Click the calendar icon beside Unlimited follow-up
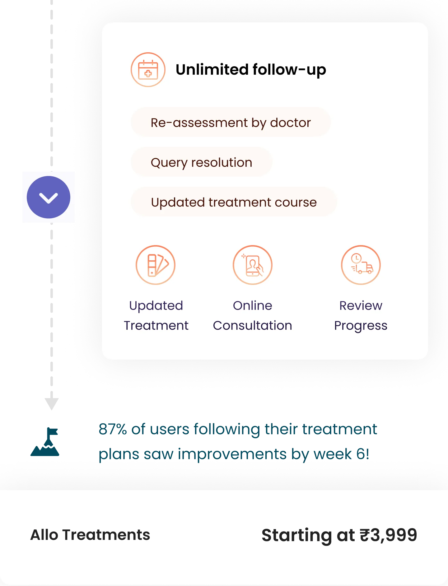pyautogui.click(x=148, y=70)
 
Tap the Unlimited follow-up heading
pyautogui.click(x=251, y=70)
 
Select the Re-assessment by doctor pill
pyautogui.click(x=231, y=123)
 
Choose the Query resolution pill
pyautogui.click(x=201, y=162)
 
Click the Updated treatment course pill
pyautogui.click(x=234, y=202)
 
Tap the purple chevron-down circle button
pyautogui.click(x=49, y=198)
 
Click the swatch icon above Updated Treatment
pyautogui.click(x=156, y=265)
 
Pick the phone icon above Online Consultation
pyautogui.click(x=253, y=265)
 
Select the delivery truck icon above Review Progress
pyautogui.click(x=361, y=265)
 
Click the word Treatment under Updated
pyautogui.click(x=156, y=326)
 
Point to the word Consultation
pyautogui.click(x=253, y=326)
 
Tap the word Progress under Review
pyautogui.click(x=361, y=326)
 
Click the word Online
pyautogui.click(x=253, y=306)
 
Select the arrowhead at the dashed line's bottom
pyautogui.click(x=52, y=403)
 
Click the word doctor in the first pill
pyautogui.click(x=290, y=123)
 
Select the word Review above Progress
pyautogui.click(x=361, y=306)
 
